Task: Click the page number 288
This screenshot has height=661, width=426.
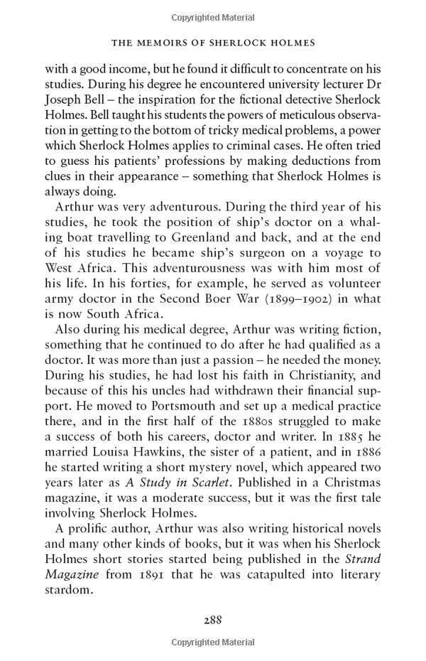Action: pyautogui.click(x=213, y=619)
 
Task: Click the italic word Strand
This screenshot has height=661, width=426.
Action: pyautogui.click(x=364, y=558)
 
